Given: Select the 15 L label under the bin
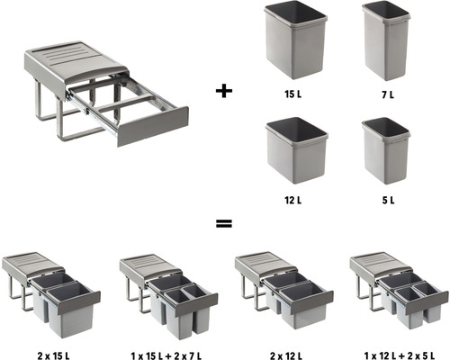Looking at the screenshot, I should (294, 93).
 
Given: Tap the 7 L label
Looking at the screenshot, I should (386, 93).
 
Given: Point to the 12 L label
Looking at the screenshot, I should (294, 200).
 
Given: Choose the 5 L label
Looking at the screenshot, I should (386, 200).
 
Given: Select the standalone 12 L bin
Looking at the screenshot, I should (294, 152).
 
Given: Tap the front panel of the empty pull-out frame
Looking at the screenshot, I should (152, 125).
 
